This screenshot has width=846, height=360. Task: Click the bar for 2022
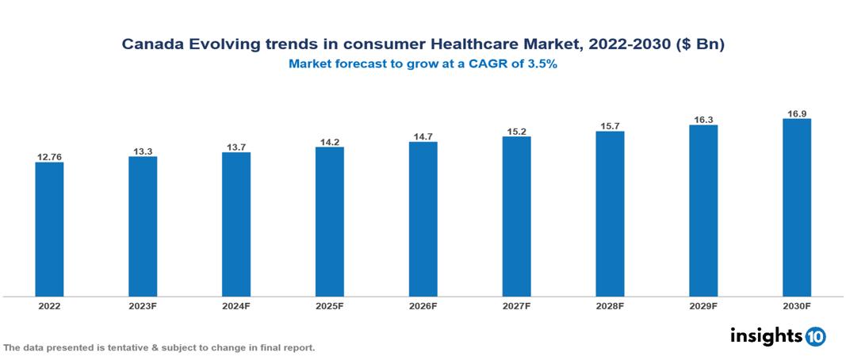[x=49, y=229]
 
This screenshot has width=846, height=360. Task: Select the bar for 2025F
[x=329, y=221]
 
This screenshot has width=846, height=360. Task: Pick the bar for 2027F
[x=516, y=216]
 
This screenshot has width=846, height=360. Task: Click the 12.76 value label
[x=49, y=157]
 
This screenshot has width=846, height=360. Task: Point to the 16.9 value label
[x=796, y=113]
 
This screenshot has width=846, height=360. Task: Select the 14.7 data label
[x=423, y=136]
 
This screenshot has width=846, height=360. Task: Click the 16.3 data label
[x=703, y=120]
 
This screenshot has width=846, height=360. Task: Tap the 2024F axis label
[x=236, y=305]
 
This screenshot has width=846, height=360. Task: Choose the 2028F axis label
[x=610, y=305]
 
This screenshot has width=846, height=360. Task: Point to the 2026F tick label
[x=423, y=305]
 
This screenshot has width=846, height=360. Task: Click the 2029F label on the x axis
[x=703, y=305]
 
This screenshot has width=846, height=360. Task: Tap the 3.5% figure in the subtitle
[x=543, y=65]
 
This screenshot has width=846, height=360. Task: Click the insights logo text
[x=766, y=335]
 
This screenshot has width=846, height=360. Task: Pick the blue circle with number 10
[x=816, y=336]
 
